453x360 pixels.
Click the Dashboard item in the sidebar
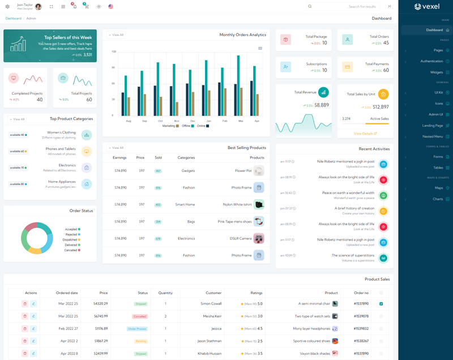[434, 30]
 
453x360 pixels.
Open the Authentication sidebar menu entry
[431, 61]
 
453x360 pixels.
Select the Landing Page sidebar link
[433, 126]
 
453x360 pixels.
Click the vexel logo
[427, 7]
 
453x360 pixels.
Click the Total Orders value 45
[386, 43]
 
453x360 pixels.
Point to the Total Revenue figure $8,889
[322, 105]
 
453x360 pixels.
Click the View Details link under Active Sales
[365, 134]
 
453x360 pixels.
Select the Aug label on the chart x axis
[129, 121]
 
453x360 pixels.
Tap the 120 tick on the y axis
[114, 52]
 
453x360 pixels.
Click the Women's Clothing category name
[61, 132]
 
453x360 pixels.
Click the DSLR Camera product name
[241, 238]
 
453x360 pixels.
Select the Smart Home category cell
[185, 204]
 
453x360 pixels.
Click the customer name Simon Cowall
[211, 304]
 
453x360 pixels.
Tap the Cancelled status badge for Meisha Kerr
[140, 316]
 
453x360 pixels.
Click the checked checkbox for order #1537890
[381, 304]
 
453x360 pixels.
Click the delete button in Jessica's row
[25, 329]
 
